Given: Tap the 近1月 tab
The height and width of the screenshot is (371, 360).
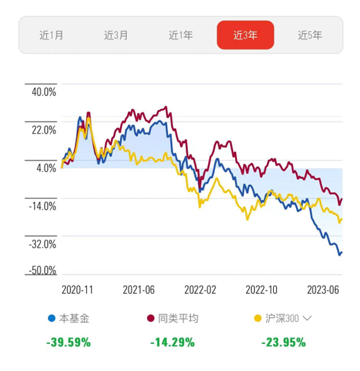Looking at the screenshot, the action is pos(51,35).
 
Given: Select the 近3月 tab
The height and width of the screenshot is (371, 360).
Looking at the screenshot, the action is pos(116,35).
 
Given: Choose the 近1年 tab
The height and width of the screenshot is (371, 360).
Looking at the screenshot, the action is pos(180,35).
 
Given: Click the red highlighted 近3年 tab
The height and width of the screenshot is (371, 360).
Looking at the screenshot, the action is pos(246,35).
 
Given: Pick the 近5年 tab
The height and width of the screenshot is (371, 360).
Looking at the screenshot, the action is pos(310,35).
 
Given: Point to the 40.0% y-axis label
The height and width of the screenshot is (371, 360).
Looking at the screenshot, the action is pos(44,92).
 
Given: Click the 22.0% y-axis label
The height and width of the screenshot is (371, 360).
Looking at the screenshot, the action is pos(44,130).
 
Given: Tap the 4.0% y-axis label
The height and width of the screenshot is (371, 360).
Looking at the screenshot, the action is pos(46,168).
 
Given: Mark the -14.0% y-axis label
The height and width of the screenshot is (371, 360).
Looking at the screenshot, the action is pos(42,206).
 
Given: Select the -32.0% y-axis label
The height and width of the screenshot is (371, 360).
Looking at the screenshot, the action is pos(42,244).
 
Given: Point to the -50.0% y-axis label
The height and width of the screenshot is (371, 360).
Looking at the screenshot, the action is pos(42,270).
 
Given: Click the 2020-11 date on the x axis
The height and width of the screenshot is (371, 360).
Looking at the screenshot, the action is pos(77,290).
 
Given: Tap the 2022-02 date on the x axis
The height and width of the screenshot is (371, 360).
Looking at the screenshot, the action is pos(200,290).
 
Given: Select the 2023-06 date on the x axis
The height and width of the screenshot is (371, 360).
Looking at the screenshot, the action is pos(323,290).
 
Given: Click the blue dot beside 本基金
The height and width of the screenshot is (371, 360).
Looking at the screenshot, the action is pos(52,318).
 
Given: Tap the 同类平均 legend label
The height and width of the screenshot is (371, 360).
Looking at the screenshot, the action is pos(178,318).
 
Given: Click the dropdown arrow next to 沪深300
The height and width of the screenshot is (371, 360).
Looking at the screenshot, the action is pos(307,318).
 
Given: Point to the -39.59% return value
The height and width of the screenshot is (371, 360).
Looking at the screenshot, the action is pos(68,342).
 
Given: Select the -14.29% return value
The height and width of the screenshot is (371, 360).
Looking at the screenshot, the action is pos(172,342).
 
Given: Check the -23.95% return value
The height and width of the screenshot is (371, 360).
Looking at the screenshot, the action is pos(283,342).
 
